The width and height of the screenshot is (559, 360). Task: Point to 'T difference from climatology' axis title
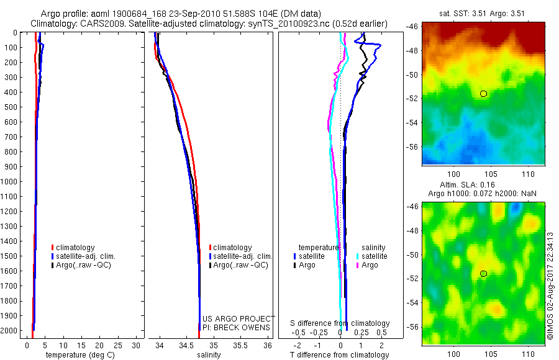point(340,355)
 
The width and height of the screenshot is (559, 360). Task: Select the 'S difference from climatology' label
point(340,323)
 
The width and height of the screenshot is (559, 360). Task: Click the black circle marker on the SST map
point(483,94)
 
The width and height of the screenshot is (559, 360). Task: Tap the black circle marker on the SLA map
point(483,274)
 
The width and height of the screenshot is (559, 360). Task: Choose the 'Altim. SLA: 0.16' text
point(483,186)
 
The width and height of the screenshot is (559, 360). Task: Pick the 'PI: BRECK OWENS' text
point(237,327)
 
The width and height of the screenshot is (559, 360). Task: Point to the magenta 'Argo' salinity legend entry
point(367,265)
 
